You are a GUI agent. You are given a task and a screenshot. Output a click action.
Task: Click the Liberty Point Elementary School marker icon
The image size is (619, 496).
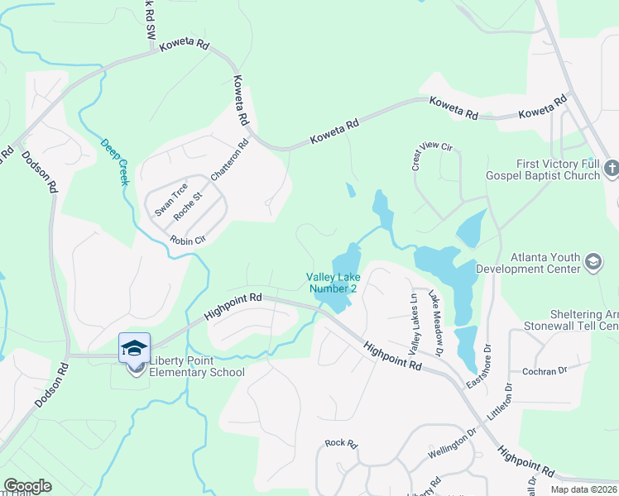tap(134, 348)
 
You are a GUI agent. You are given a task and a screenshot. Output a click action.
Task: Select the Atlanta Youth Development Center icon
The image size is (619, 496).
tap(593, 262)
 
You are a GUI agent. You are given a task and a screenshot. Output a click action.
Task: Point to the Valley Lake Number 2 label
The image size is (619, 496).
tap(332, 283)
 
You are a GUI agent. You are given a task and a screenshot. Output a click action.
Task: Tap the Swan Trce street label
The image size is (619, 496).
tap(172, 199)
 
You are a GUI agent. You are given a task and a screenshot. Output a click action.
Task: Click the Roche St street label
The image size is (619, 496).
tap(188, 207)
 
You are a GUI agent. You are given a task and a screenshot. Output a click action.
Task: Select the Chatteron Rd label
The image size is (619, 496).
tap(229, 161)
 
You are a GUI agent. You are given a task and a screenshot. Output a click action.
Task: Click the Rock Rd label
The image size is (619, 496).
tap(340, 444)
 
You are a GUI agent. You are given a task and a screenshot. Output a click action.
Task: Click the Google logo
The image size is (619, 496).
tap(27, 486)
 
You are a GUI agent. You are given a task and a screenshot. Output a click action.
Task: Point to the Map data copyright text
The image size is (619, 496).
tap(583, 489)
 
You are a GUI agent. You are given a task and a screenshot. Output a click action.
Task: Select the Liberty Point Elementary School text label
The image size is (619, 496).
tap(197, 366)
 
